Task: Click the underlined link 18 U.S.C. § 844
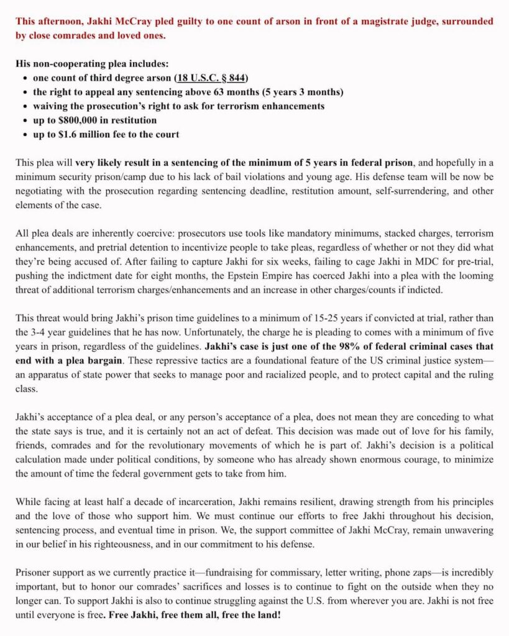click(212, 78)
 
